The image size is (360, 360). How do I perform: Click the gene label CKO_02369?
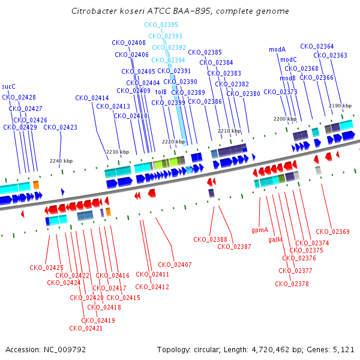point(332,232)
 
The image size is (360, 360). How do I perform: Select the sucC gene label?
point(9,86)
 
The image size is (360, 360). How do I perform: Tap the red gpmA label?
point(260,230)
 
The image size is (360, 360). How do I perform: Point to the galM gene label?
point(275,239)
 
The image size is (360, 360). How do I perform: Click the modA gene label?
point(277,49)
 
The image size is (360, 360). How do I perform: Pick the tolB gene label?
point(161,92)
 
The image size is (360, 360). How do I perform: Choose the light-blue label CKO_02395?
point(161,25)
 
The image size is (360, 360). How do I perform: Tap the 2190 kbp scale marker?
point(340,106)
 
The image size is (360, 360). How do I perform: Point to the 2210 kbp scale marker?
point(229,130)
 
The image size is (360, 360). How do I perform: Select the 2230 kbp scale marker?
point(118,152)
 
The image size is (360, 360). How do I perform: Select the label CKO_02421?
point(86,328)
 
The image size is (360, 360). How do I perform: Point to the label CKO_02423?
point(60,127)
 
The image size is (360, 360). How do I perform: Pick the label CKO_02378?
point(292,284)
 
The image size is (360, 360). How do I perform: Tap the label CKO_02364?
point(317,46)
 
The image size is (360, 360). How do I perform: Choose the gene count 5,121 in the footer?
point(344,349)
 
